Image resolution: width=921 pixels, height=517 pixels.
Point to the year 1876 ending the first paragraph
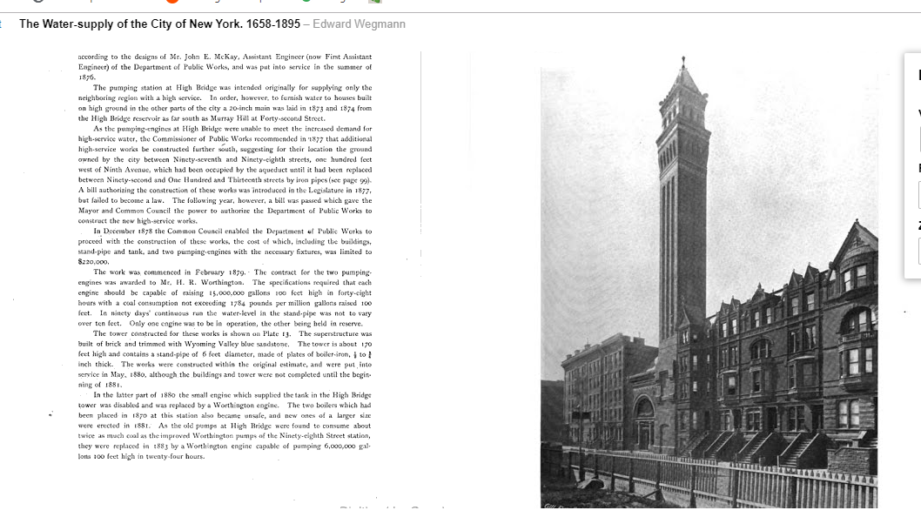point(86,77)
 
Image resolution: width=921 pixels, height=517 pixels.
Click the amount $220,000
point(92,261)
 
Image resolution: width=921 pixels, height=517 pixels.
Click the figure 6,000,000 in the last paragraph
point(327,446)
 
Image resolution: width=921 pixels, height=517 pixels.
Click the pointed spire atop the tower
point(683,75)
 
